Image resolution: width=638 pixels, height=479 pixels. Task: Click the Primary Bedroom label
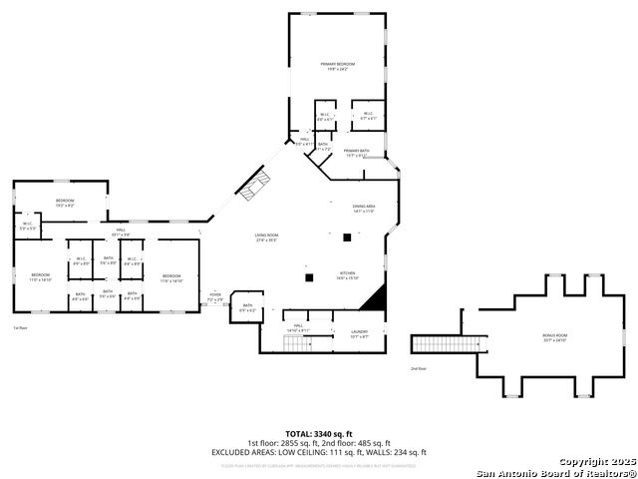(338, 66)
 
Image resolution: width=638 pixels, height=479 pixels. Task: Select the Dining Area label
(363, 209)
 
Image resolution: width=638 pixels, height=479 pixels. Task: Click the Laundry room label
(359, 334)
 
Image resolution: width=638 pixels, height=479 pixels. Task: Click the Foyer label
(214, 296)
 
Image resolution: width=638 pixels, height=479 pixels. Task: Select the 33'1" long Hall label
(120, 233)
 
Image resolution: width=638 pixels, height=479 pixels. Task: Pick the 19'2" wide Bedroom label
(66, 203)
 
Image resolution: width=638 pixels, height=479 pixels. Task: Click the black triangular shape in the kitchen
(374, 297)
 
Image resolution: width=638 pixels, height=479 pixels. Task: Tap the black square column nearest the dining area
(347, 237)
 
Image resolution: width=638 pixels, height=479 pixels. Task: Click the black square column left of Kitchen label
(310, 276)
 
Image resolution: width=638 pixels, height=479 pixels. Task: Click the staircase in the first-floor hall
(296, 343)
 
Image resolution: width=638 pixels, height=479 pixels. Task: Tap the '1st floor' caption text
(20, 327)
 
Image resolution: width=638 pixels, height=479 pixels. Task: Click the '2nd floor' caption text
(419, 368)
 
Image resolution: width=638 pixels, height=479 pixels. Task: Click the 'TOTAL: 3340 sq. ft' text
(319, 434)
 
